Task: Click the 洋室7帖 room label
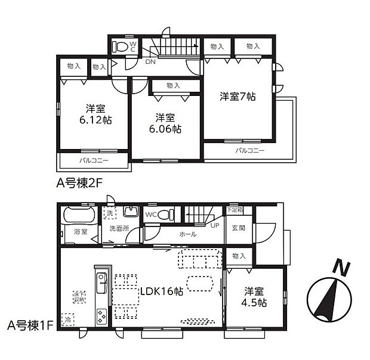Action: (x=237, y=95)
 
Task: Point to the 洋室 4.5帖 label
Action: (x=254, y=297)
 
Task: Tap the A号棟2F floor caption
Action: (x=80, y=184)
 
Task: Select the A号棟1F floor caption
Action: (x=30, y=325)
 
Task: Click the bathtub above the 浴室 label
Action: (x=78, y=214)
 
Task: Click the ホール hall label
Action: (x=188, y=235)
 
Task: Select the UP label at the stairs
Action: (x=214, y=225)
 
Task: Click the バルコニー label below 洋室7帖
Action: (x=250, y=151)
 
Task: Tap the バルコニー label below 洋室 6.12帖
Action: (x=93, y=161)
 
